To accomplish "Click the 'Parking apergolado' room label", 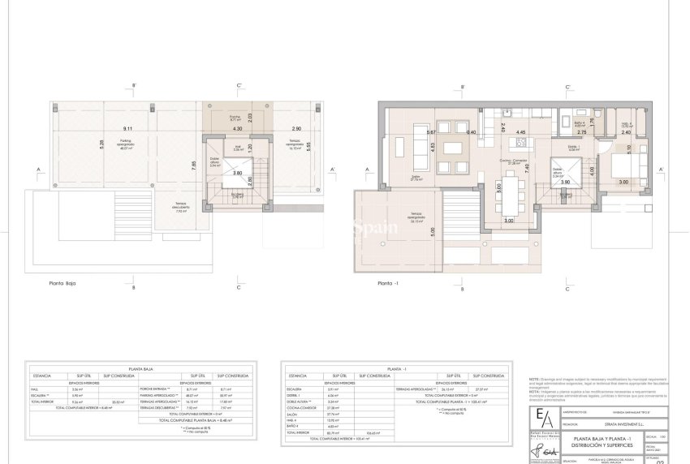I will [126, 147].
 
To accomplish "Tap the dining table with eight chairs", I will [510, 198].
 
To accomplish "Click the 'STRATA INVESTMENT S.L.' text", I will [600, 423].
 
